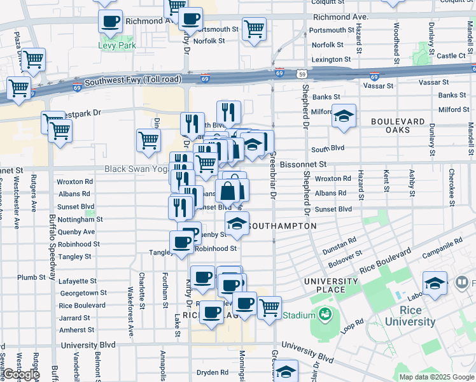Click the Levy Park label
(113, 46)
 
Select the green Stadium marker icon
(326, 315)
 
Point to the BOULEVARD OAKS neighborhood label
(398, 126)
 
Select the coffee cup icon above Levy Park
(110, 21)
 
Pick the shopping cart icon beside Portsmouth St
(254, 28)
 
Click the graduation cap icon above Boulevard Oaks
(344, 116)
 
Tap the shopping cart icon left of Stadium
(269, 308)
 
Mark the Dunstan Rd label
(339, 243)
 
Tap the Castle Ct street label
(452, 56)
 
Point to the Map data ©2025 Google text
(436, 377)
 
